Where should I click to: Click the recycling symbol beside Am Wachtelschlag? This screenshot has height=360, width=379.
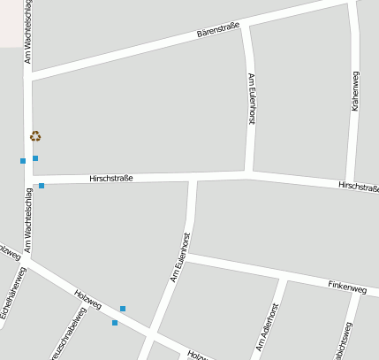(35, 136)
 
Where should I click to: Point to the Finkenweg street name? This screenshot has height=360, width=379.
(346, 287)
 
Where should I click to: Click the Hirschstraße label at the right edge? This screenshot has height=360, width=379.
(358, 187)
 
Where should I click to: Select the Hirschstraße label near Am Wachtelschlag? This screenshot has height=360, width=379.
(111, 179)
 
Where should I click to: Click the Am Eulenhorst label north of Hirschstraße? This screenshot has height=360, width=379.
(251, 98)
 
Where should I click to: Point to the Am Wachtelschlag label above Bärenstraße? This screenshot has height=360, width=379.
(28, 33)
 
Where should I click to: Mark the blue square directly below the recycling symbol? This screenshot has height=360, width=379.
(35, 158)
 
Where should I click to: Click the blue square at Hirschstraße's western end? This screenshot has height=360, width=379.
(42, 186)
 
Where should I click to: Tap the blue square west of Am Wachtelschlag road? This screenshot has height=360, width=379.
(23, 161)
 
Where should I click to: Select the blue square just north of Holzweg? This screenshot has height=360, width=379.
(123, 309)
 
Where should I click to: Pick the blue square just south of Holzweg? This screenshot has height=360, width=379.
(115, 323)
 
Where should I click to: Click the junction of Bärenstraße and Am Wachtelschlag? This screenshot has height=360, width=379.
(28, 78)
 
